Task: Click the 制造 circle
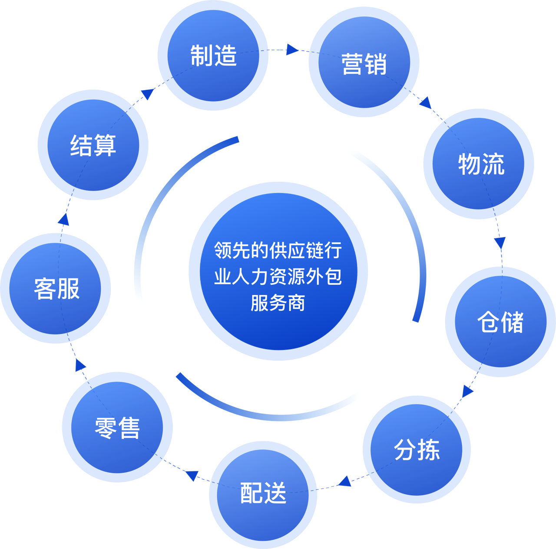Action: point(213,56)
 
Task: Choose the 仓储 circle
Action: point(500,322)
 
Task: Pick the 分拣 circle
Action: point(417,449)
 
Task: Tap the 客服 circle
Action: point(56,288)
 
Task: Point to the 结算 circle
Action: point(93,145)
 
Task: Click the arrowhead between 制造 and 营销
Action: point(292,49)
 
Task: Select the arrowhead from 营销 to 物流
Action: point(425,103)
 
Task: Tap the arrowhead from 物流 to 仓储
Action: point(500,243)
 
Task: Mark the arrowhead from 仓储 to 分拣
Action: point(467,391)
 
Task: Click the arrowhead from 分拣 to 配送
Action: point(344,481)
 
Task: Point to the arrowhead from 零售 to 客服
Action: point(79,365)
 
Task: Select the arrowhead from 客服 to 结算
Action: point(64,219)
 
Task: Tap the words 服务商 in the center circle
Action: point(278,303)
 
